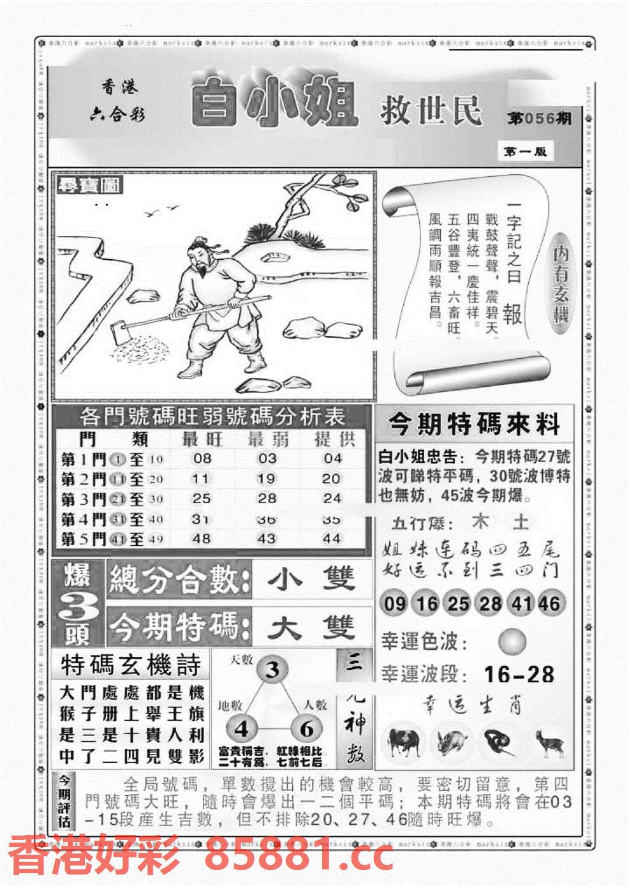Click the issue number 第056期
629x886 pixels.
pos(540,118)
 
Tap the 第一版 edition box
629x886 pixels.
pos(522,151)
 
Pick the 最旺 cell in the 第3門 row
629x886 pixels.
pos(202,499)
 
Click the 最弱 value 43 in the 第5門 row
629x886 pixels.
pos(267,539)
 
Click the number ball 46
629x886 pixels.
pos(549,603)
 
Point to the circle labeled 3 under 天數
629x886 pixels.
pos(272,671)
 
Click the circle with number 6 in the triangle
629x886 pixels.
pos(306,729)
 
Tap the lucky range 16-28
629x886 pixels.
pos(519,674)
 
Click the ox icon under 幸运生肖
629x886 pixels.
pos(403,742)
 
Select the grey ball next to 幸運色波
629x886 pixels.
pos(512,642)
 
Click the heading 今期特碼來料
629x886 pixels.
pos(474,423)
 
